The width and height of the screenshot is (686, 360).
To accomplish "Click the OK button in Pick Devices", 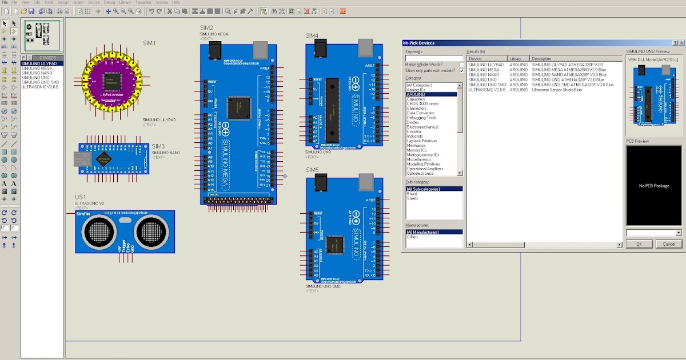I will [639, 244].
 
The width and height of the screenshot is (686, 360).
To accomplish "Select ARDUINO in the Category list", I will [416, 94].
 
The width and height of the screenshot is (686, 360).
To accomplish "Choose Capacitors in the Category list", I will [416, 99].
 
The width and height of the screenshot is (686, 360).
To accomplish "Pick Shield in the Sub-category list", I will [412, 198].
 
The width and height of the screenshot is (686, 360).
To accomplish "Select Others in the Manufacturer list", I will [412, 237].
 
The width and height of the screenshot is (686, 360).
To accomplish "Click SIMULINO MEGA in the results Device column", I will [483, 70].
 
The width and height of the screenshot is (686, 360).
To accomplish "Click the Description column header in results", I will [541, 58].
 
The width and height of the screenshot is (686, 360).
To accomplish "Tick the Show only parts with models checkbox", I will [461, 70].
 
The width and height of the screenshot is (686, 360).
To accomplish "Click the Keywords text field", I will [434, 58].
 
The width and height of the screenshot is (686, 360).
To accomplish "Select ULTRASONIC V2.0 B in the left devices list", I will [40, 87].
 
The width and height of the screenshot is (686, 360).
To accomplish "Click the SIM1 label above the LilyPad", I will [149, 43].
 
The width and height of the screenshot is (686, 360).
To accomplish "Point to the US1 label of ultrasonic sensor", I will [80, 197].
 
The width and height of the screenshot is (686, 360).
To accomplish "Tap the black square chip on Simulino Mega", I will [238, 108].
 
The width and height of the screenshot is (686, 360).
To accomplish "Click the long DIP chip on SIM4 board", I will [332, 110].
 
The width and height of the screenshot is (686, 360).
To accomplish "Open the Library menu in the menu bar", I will [125, 2].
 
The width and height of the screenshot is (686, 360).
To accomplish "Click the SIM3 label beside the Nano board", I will [158, 146].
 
